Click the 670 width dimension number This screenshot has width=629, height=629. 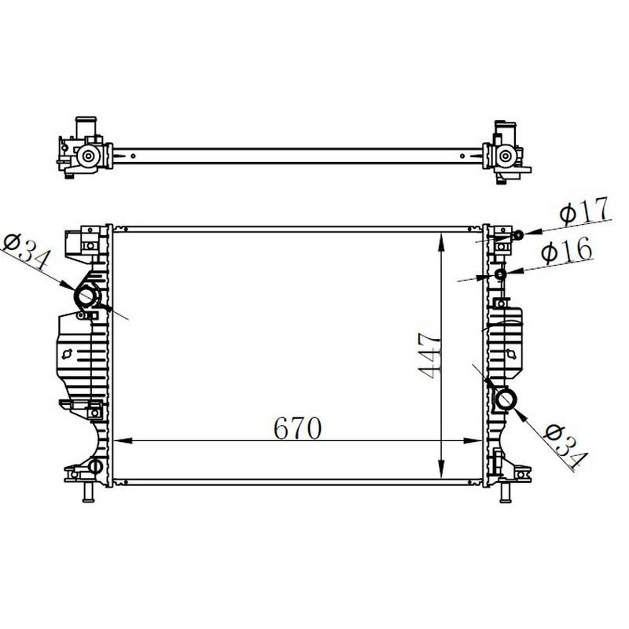pos(297,428)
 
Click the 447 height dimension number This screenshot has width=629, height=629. pos(429,355)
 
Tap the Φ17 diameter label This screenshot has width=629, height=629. pos(584,210)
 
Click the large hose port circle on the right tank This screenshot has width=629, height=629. pos(506,399)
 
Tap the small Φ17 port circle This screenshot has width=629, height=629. pos(518,234)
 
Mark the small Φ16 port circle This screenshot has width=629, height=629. pos(500,274)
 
